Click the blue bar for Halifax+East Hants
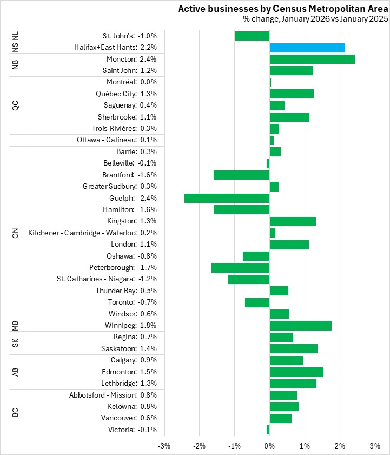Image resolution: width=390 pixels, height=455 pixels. click(x=307, y=48)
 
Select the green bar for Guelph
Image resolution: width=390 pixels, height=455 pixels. click(x=227, y=198)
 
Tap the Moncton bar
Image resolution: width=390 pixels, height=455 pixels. click(x=312, y=59)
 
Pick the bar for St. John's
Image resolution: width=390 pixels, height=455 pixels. click(x=252, y=36)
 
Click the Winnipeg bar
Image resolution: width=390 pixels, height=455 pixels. click(x=301, y=326)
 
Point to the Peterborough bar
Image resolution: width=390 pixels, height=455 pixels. click(x=241, y=268)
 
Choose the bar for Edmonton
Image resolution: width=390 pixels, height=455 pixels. click(x=296, y=372)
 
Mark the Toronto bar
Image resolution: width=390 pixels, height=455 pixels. click(x=257, y=302)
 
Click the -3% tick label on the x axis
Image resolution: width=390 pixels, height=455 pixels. click(x=164, y=446)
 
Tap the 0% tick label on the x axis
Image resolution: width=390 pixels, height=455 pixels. click(x=269, y=446)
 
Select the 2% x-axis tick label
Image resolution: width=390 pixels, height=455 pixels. click(x=340, y=446)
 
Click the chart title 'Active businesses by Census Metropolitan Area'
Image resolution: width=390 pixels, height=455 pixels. click(x=283, y=9)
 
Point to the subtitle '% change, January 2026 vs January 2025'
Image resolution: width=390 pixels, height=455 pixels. click(x=315, y=19)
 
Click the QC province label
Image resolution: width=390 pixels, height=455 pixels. click(x=15, y=105)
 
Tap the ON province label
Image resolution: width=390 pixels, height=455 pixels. click(x=15, y=233)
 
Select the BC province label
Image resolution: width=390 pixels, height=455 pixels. click(x=15, y=412)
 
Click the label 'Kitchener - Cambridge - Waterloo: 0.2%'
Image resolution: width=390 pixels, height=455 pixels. click(x=92, y=233)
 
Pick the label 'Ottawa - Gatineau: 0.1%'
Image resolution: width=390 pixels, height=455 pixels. click(x=117, y=140)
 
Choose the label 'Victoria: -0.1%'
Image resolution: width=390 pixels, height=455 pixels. click(x=133, y=430)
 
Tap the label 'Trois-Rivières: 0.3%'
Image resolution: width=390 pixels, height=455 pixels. click(x=124, y=129)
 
